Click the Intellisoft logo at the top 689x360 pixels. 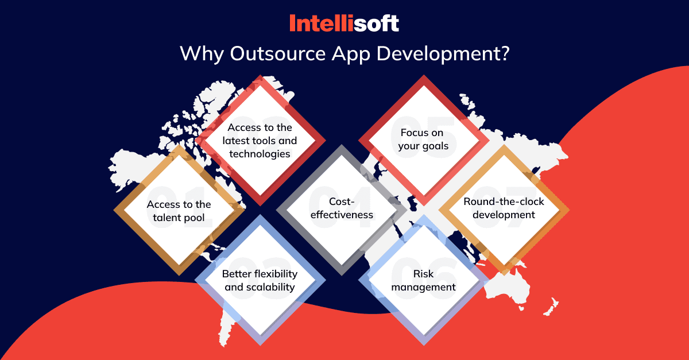344,23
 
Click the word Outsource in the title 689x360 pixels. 278,53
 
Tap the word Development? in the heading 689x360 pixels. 443,55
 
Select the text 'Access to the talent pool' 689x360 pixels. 179,211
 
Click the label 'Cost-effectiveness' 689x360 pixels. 342,208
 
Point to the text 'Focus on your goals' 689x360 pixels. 423,139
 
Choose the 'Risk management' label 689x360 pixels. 423,280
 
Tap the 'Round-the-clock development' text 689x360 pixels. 504,208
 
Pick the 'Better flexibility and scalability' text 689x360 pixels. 260,280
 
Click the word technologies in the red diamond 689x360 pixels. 260,154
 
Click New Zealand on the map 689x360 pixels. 551,307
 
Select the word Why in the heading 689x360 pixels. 202,55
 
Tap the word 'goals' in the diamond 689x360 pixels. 435,146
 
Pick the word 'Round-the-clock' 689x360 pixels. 504,202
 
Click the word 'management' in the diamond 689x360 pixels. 423,288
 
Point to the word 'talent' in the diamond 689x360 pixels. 167,218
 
